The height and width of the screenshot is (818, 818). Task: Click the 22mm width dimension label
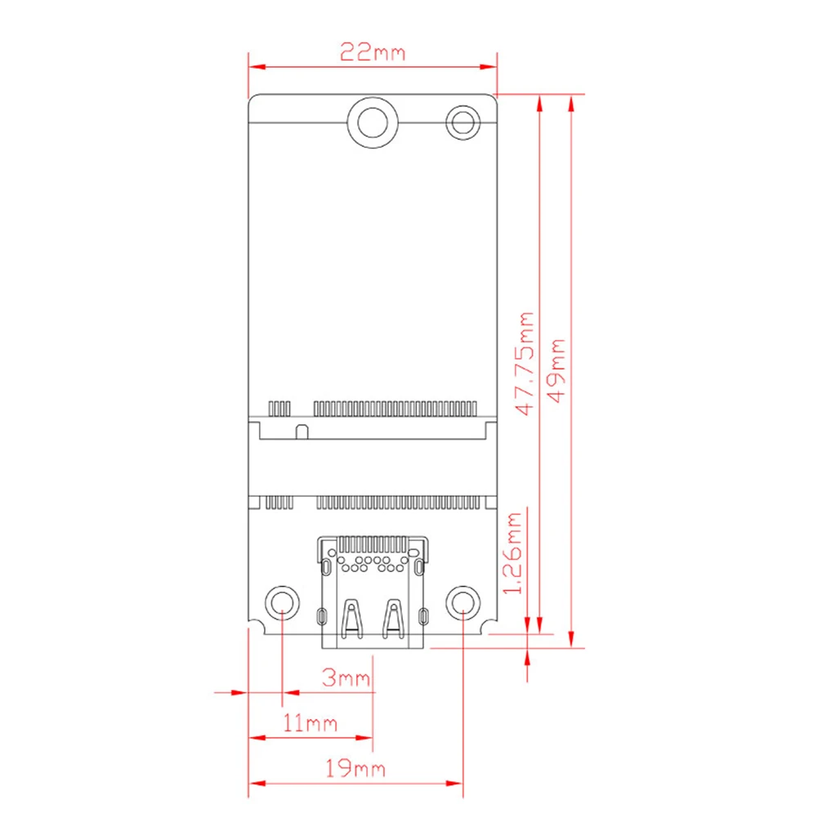[373, 53]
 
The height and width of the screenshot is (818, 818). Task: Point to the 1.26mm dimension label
[512, 554]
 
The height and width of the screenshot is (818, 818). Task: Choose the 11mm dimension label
[311, 722]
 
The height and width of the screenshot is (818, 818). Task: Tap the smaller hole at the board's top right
[463, 123]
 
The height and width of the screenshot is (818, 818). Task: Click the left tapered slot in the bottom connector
[351, 619]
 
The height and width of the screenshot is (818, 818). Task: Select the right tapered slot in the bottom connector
[394, 619]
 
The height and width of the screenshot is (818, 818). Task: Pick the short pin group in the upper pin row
[279, 407]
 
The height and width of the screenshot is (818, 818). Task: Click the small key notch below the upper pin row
[301, 431]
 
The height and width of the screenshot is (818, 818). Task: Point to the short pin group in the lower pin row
[279, 502]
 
